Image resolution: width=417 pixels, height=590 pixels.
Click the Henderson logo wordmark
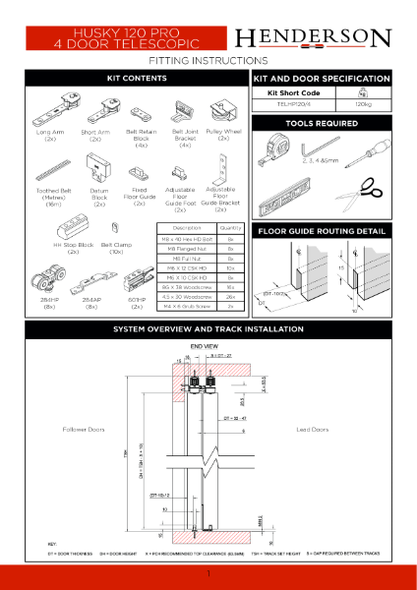327,38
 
